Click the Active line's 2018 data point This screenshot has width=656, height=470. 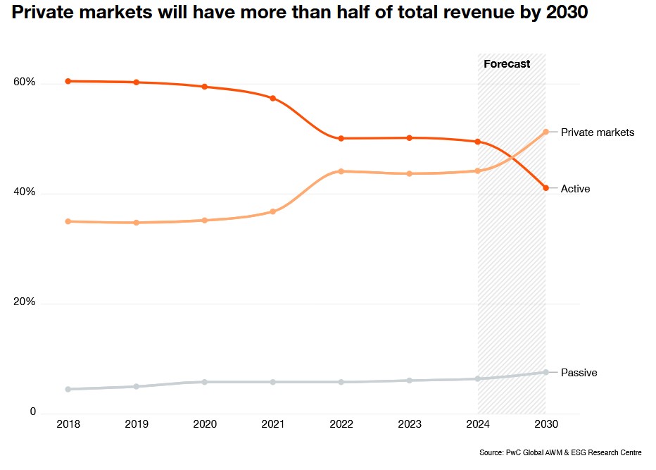(68, 81)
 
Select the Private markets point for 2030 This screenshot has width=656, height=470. (545, 132)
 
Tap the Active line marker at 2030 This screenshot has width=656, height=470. (545, 187)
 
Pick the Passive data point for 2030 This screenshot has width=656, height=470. (545, 372)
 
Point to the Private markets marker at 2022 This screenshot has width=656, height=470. (341, 171)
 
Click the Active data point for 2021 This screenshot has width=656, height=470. (272, 98)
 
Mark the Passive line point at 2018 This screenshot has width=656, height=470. (68, 389)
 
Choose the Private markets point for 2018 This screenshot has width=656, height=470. (68, 221)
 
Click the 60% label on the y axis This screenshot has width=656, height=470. (24, 82)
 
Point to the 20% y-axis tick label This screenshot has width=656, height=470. (24, 302)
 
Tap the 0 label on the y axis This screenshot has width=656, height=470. (32, 412)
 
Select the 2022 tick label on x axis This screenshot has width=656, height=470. (341, 424)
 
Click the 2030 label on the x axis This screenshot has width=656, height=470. (545, 424)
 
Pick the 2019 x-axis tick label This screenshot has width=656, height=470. (136, 424)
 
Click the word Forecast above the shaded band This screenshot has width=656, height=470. (507, 64)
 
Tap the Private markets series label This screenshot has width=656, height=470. (598, 132)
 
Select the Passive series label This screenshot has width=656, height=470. (579, 373)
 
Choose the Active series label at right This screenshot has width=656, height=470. (575, 189)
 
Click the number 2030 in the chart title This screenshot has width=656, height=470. (567, 13)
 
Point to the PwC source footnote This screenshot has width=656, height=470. (560, 452)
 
